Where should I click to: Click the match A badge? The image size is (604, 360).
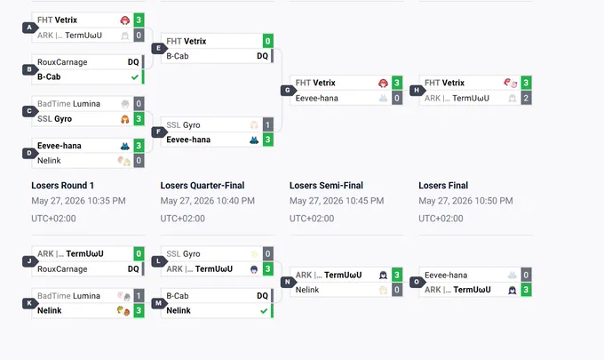pos(29,28)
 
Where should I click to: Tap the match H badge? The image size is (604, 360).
pos(417,90)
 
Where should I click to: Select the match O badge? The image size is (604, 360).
pos(417,282)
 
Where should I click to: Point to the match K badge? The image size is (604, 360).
pos(29,303)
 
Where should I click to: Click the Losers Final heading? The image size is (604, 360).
pos(443,186)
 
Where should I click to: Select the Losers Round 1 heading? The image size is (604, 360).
pos(62,186)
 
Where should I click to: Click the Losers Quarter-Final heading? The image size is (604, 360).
pos(203,186)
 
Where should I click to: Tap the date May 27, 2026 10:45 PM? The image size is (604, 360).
pos(337,201)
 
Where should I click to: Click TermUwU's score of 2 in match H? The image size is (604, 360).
pos(526,98)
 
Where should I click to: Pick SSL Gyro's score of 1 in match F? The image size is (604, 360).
pos(267,124)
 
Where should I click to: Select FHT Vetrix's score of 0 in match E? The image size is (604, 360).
pos(267,41)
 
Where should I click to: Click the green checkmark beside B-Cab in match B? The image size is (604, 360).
pos(134,77)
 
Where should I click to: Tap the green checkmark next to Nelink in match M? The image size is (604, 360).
pos(264,310)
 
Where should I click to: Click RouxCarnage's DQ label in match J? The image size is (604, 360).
pos(133,268)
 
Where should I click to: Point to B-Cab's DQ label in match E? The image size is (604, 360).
pos(262,56)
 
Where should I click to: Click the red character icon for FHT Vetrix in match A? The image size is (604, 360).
pos(125,20)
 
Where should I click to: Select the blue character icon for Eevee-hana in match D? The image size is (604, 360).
pos(125,146)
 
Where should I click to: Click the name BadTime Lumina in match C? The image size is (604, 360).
pos(68,104)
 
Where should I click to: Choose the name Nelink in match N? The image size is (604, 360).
pos(307,290)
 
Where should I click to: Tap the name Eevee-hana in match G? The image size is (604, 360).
pos(316,99)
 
